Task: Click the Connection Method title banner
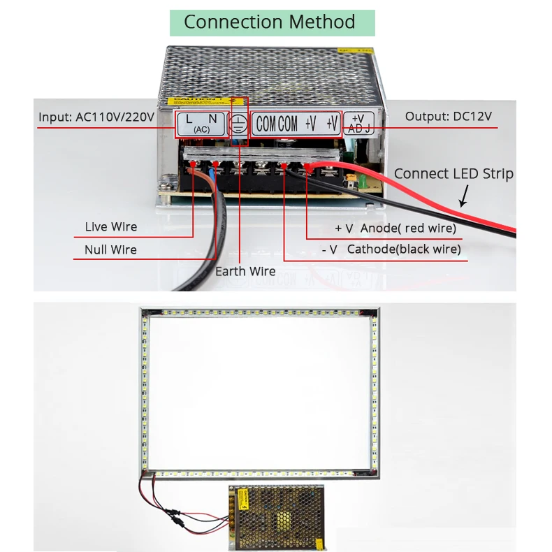pyautogui.click(x=272, y=22)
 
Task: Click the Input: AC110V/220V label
pyautogui.click(x=96, y=117)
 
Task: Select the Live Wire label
pyautogui.click(x=110, y=227)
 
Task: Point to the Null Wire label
pyautogui.click(x=110, y=249)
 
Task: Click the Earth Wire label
pyautogui.click(x=245, y=271)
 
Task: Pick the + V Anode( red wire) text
pyautogui.click(x=395, y=228)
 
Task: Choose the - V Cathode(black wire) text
pyautogui.click(x=391, y=249)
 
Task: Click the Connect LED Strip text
pyautogui.click(x=453, y=174)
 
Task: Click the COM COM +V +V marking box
pyautogui.click(x=296, y=124)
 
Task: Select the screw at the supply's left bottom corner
pyautogui.click(x=166, y=186)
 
